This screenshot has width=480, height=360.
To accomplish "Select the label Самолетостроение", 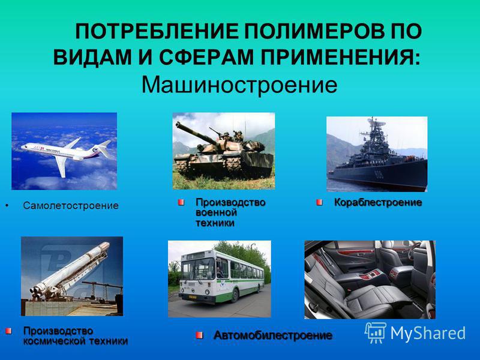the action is click(x=71, y=205).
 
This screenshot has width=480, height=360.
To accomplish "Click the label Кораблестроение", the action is click(x=378, y=202).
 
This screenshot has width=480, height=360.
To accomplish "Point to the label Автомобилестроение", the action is click(x=273, y=335).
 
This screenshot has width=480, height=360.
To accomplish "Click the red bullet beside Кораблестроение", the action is click(x=319, y=202).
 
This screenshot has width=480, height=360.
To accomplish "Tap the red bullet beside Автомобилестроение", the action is click(x=199, y=335).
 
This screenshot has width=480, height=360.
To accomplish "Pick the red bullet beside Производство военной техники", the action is click(x=181, y=202).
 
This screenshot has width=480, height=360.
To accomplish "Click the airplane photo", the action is click(x=64, y=151).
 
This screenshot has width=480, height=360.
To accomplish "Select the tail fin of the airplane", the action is click(x=104, y=148).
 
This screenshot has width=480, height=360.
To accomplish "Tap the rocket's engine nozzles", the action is click(x=35, y=292).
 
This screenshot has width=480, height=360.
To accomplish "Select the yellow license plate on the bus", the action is click(x=192, y=296).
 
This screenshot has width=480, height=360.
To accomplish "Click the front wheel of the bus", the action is click(x=235, y=295).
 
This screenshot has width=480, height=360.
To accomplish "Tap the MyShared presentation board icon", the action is click(x=376, y=333).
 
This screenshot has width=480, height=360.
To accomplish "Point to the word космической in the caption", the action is click(x=55, y=341).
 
